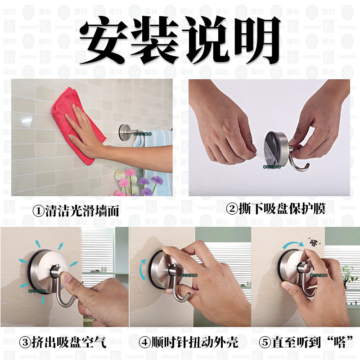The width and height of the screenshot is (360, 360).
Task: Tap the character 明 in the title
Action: [256, 40]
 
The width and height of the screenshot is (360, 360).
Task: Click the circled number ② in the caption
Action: [232, 209]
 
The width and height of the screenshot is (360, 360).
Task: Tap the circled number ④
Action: [144, 342]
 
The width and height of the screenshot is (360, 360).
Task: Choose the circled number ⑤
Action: [265, 342]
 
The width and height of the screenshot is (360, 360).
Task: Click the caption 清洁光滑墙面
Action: [82, 211]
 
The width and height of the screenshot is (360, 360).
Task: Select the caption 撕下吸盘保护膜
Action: [282, 209]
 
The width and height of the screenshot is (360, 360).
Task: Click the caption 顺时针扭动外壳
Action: [194, 342]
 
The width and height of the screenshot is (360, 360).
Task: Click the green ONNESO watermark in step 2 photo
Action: [272, 167]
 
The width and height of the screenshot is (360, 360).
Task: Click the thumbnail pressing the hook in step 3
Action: [67, 278]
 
